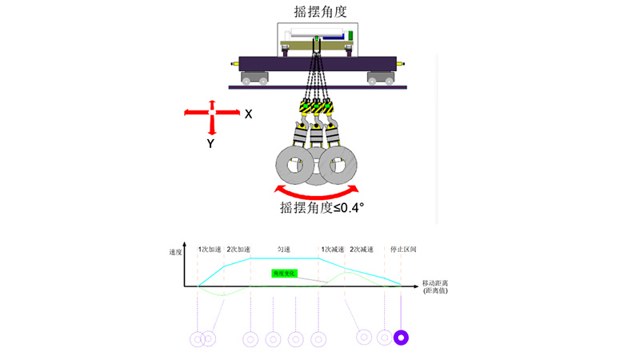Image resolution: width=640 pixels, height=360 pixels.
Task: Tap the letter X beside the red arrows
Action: tap(249, 114)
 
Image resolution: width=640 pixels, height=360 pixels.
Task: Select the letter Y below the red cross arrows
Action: tap(210, 144)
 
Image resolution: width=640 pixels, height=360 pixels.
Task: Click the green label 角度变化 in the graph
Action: tap(285, 274)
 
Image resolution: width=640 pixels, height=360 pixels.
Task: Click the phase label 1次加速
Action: tap(210, 249)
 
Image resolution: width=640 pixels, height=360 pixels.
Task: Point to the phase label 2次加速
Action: tap(239, 249)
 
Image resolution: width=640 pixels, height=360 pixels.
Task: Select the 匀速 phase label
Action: tap(284, 249)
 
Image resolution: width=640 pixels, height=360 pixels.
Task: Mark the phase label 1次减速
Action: tap(332, 249)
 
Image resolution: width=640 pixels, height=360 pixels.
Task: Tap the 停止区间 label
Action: tap(403, 249)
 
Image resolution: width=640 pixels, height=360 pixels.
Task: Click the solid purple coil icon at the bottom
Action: tap(402, 338)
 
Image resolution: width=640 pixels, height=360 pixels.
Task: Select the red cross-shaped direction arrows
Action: tap(211, 113)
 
